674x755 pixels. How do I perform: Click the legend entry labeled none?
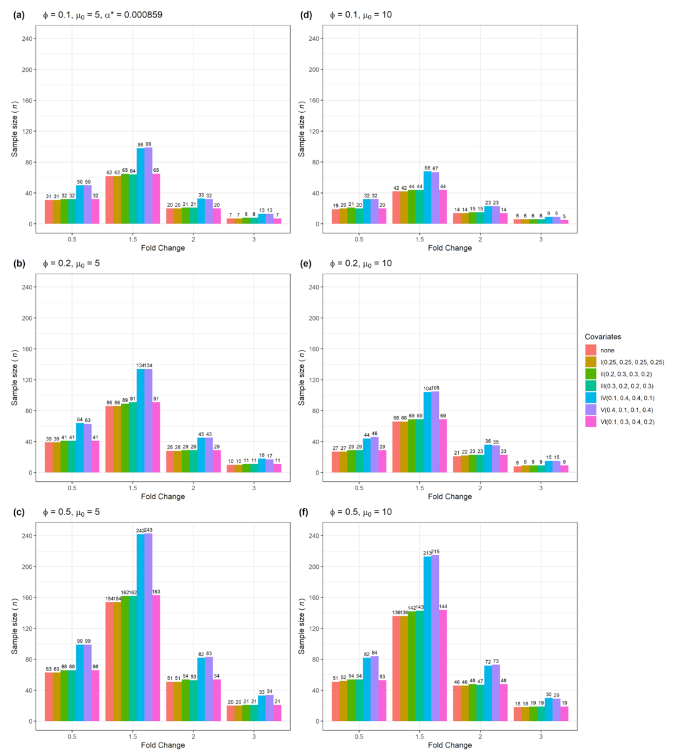[608, 351]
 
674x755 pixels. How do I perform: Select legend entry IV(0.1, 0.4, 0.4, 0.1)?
[626, 398]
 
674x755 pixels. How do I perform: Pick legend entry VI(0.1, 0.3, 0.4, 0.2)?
[626, 422]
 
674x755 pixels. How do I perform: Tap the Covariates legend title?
[603, 337]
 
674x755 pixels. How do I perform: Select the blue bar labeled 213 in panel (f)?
[427, 638]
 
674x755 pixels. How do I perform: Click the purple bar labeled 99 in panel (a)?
[148, 185]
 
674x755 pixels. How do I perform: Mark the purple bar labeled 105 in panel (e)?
[435, 432]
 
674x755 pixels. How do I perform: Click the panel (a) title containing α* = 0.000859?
[99, 14]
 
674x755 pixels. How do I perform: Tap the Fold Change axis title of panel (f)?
[450, 745]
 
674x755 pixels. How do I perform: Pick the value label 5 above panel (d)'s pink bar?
[564, 216]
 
